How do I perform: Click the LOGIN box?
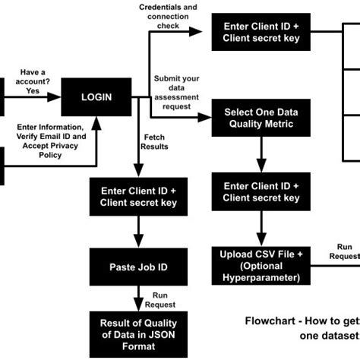(96, 96)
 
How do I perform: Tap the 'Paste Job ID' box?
(139, 267)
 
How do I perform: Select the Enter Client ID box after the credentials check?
(261, 33)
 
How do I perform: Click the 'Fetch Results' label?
(154, 141)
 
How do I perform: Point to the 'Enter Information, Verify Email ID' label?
(50, 141)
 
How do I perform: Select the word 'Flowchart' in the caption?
(270, 320)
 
